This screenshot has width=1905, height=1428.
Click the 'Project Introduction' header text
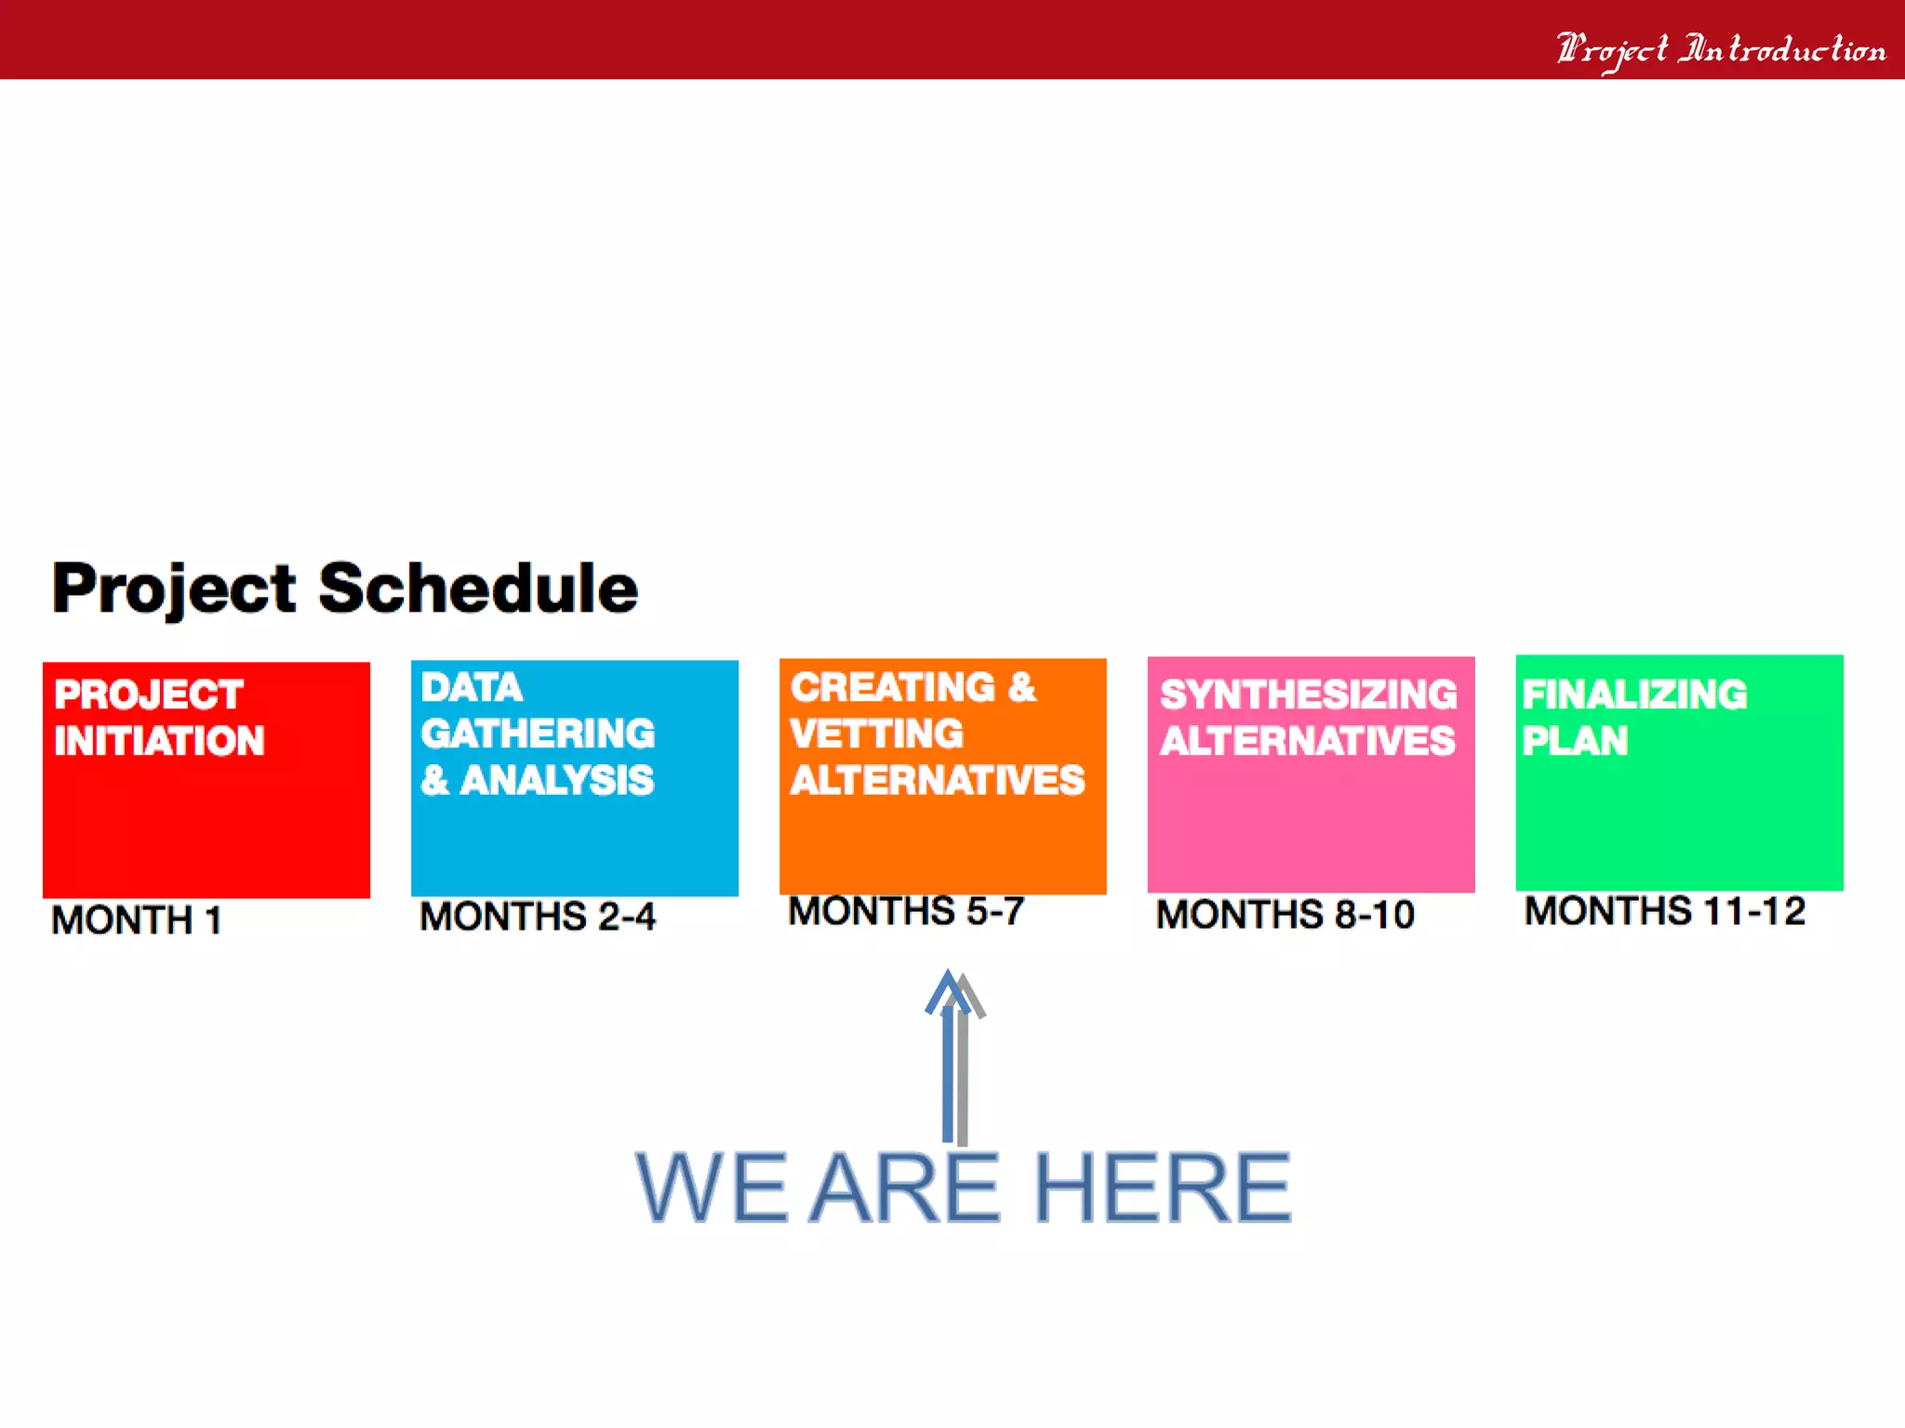click(x=1721, y=48)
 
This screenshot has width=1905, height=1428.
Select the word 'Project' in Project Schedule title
click(x=174, y=589)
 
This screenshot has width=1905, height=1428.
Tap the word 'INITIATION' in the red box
click(x=159, y=741)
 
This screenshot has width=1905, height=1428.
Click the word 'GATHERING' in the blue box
click(x=538, y=734)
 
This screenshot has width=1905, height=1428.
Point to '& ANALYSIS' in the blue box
click(x=537, y=780)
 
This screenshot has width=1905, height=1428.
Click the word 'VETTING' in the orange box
click(x=876, y=734)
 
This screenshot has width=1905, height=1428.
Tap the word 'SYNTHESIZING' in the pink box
click(x=1308, y=694)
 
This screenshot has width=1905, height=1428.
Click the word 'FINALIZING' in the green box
click(x=1634, y=694)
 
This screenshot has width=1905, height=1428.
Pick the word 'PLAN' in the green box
click(x=1575, y=741)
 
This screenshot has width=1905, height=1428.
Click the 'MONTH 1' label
click(x=137, y=920)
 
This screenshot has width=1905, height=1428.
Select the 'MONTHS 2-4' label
click(x=538, y=917)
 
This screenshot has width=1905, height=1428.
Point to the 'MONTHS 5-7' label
click(x=906, y=911)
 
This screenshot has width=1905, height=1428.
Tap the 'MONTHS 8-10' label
click(x=1286, y=915)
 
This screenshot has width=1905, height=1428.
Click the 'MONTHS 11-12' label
click(x=1665, y=911)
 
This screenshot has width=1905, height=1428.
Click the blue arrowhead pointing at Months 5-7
click(x=947, y=989)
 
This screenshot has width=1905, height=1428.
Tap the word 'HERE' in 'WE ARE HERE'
click(x=1162, y=1187)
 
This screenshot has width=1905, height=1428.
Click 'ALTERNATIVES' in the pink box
click(x=1308, y=741)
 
